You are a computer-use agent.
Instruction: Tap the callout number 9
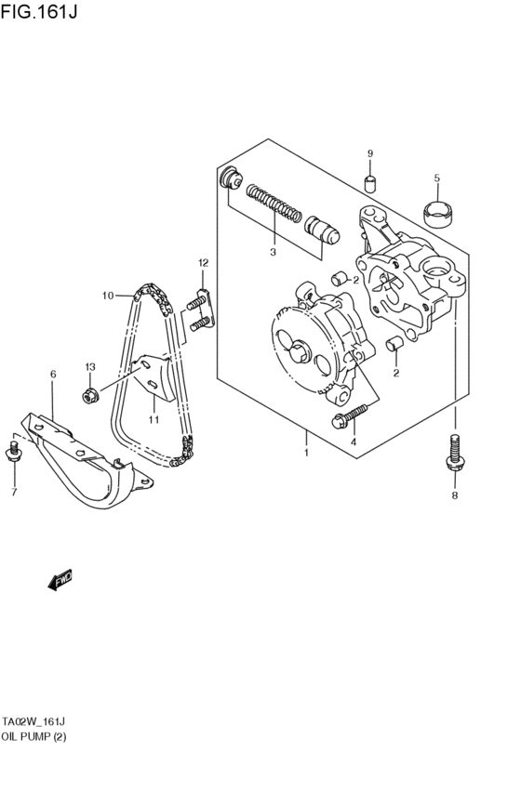click(x=369, y=153)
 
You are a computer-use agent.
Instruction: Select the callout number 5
click(x=436, y=178)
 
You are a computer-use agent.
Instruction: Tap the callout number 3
click(x=273, y=251)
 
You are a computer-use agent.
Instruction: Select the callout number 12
click(x=203, y=263)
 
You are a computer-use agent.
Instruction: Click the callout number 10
click(x=108, y=296)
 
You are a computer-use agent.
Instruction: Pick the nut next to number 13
click(x=90, y=398)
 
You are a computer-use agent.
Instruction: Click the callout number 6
click(x=53, y=374)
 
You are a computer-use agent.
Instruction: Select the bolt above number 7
click(x=14, y=453)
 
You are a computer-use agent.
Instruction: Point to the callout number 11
click(x=154, y=420)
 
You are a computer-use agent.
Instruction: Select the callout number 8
click(x=455, y=496)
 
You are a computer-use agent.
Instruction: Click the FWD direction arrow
click(x=60, y=581)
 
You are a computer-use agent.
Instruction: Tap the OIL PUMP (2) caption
click(x=34, y=736)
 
